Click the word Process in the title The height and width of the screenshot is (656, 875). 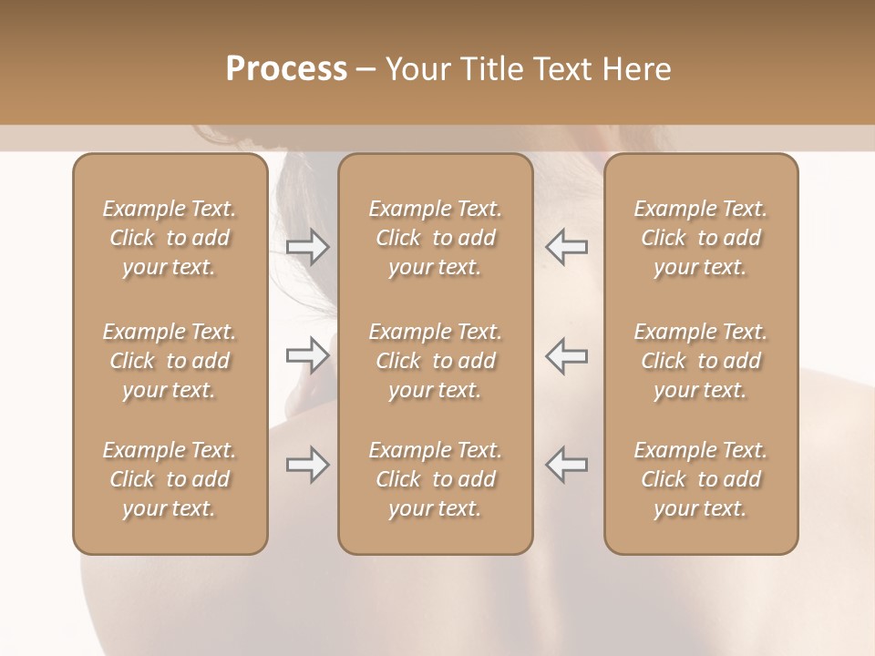pyautogui.click(x=286, y=68)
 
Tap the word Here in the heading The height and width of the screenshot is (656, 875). pyautogui.click(x=638, y=68)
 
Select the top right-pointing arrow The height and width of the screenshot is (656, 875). pyautogui.click(x=307, y=246)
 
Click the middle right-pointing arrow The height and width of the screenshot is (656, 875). pyautogui.click(x=307, y=354)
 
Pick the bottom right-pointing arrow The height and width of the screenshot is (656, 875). pyautogui.click(x=307, y=465)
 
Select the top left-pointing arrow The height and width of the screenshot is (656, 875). pyautogui.click(x=567, y=246)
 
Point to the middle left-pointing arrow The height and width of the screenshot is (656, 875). pyautogui.click(x=567, y=354)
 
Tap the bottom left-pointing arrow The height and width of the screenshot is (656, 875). pyautogui.click(x=567, y=465)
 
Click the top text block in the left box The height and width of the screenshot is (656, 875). pyautogui.click(x=170, y=238)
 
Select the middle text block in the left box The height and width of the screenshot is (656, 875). pyautogui.click(x=170, y=361)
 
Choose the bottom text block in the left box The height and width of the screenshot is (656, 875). pyautogui.click(x=170, y=479)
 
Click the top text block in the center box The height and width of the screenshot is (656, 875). pyautogui.click(x=435, y=238)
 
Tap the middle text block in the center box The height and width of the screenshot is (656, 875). pyautogui.click(x=435, y=361)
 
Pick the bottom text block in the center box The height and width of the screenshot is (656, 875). pyautogui.click(x=435, y=479)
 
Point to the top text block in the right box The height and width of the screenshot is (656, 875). pyautogui.click(x=700, y=238)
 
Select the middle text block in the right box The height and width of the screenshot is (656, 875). pyautogui.click(x=700, y=361)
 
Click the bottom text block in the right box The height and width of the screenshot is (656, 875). pyautogui.click(x=700, y=479)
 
